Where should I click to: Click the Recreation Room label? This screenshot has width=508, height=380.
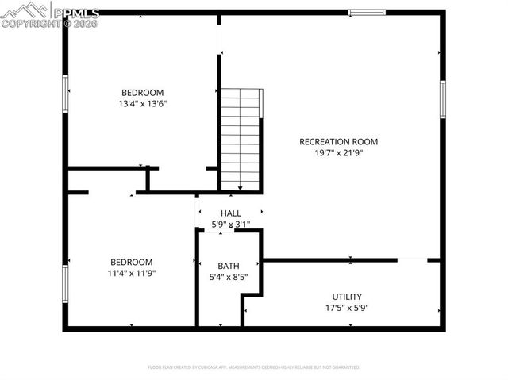[338, 142]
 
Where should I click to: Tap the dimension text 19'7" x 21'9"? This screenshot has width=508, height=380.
[338, 153]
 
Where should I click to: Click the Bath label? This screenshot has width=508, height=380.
[228, 266]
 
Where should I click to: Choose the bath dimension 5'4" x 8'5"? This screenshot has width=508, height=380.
[228, 278]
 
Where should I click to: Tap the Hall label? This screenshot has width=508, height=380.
[230, 213]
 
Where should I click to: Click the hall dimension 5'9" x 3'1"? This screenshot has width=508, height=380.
[230, 225]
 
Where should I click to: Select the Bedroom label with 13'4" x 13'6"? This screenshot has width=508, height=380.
[142, 92]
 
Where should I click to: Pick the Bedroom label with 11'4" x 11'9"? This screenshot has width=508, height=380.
[131, 262]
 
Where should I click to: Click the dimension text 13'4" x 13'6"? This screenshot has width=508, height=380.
[142, 103]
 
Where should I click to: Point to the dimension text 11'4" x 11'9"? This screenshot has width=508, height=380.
[131, 274]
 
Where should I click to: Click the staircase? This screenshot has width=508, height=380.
[240, 139]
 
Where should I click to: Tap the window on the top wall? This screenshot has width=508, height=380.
[367, 13]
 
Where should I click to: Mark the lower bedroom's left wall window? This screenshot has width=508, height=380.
[66, 284]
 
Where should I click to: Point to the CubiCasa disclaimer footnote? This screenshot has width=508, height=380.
[254, 367]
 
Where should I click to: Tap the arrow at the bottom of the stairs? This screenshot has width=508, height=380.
[240, 188]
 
